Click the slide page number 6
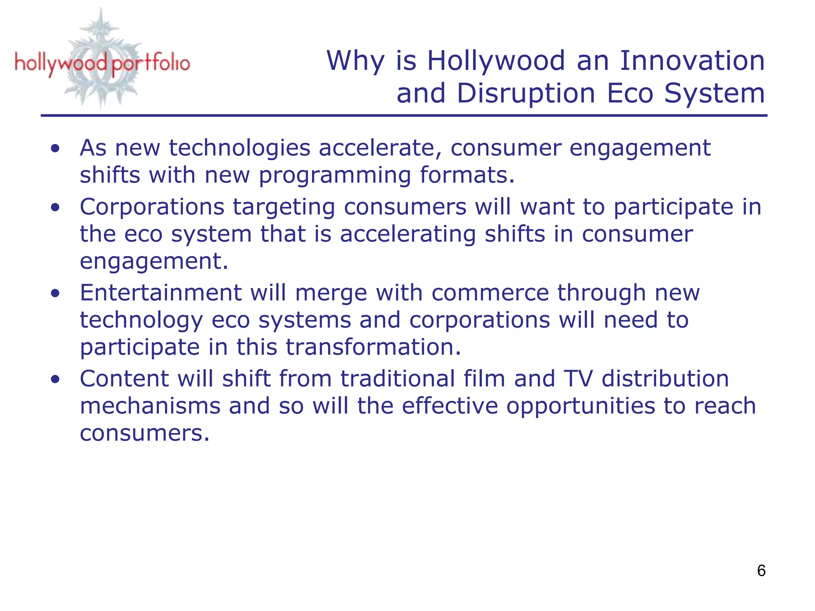point(761,570)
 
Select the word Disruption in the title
point(526,94)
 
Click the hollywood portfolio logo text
point(102,64)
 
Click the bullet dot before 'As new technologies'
point(55,148)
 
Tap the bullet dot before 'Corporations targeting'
point(55,207)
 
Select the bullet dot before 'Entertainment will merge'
point(55,293)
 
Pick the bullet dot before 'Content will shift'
point(55,379)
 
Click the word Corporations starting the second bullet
point(152,207)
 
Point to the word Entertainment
point(160,293)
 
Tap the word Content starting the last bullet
point(124,379)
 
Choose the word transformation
point(373,347)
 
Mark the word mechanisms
point(150,406)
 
